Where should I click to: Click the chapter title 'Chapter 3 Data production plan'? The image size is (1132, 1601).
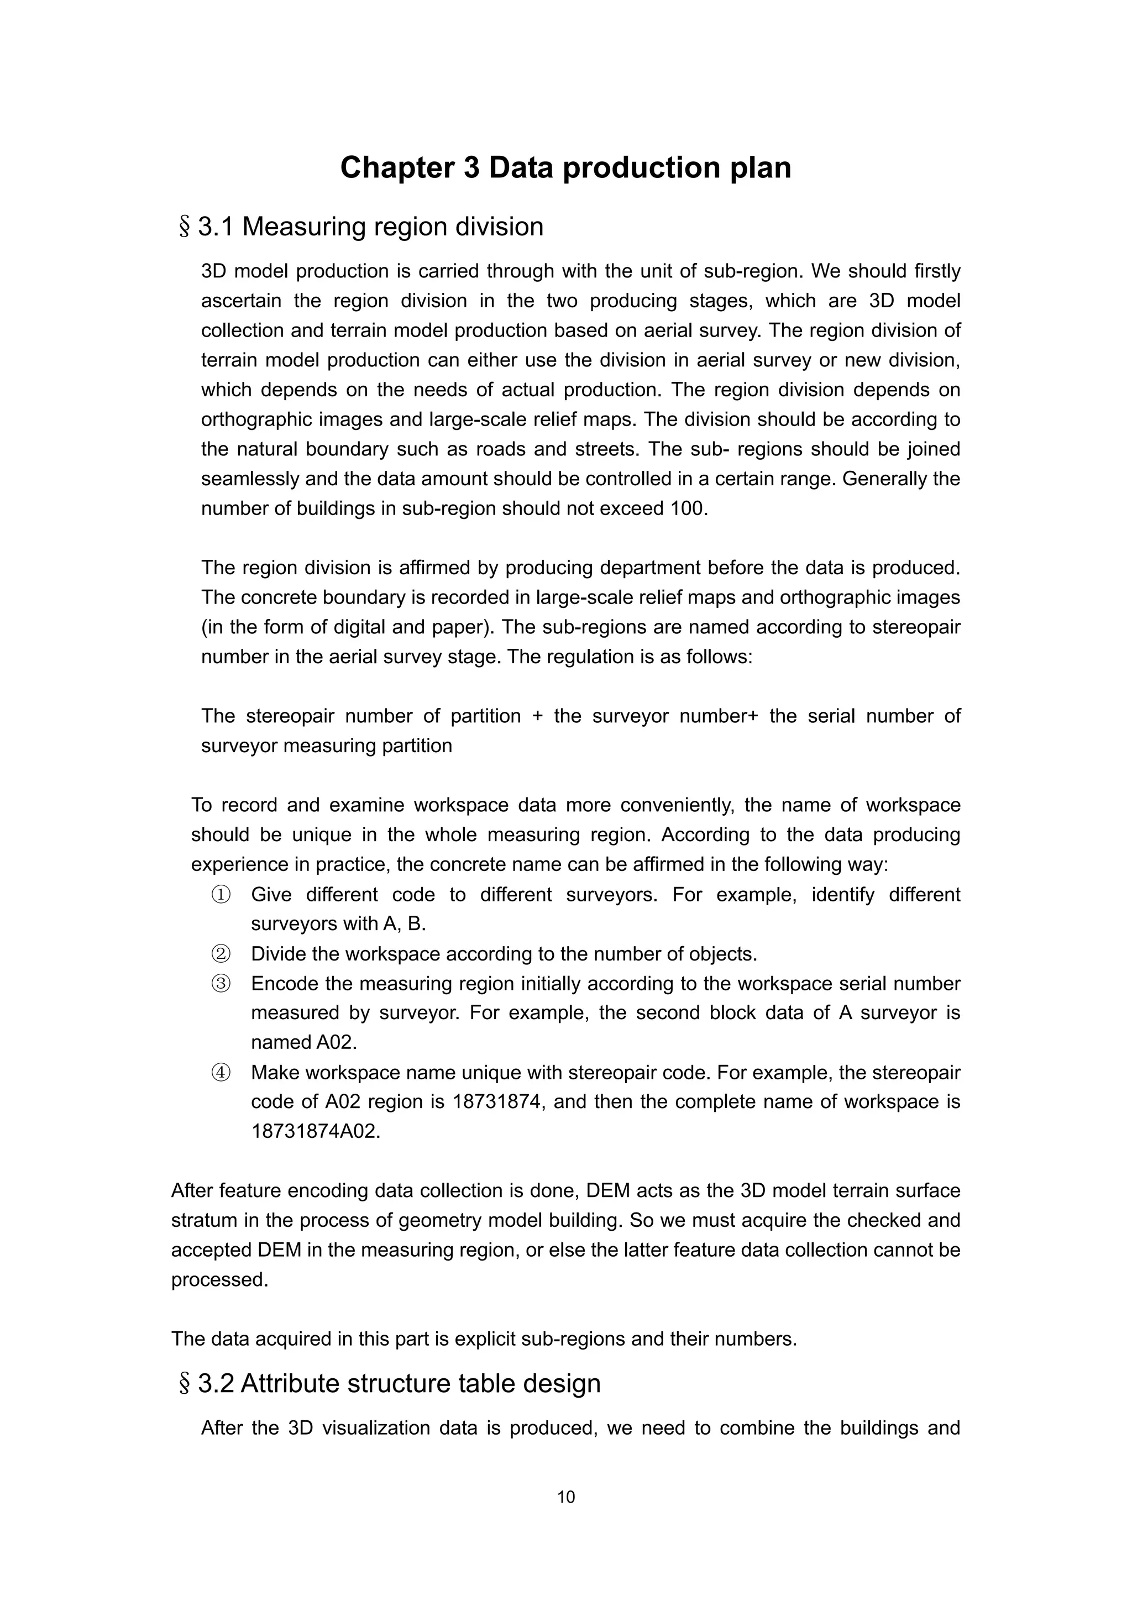pyautogui.click(x=565, y=168)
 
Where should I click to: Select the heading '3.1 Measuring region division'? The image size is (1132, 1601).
pyautogui.click(x=370, y=227)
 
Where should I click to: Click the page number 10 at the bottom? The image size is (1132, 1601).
pyautogui.click(x=565, y=1497)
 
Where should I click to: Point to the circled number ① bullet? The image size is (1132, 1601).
pyautogui.click(x=221, y=895)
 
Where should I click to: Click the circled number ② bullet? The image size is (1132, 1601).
pyautogui.click(x=221, y=954)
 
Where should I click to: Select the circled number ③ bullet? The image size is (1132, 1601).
pyautogui.click(x=221, y=984)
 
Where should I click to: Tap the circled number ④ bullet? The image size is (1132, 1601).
pyautogui.click(x=221, y=1073)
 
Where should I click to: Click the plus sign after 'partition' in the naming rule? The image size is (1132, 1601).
pyautogui.click(x=537, y=716)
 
